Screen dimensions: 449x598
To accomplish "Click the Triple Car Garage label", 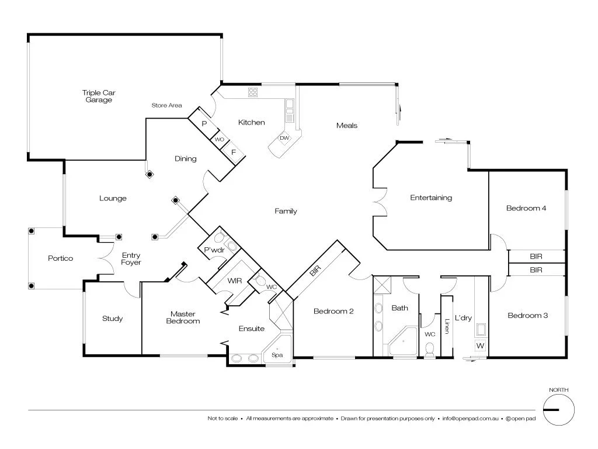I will point(97,96).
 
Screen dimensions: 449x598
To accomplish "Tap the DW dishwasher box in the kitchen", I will point(284,139).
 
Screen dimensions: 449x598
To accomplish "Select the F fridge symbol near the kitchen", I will point(233,152).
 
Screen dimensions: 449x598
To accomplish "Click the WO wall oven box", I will point(219,140).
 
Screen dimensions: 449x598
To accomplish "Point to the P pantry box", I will point(204,124).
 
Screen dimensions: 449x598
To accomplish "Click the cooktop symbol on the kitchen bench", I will point(253,92).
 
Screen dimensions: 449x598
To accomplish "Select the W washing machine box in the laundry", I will point(480,346).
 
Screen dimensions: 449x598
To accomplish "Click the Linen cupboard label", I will point(447,326).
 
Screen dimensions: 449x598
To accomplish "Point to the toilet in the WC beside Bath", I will point(430,349).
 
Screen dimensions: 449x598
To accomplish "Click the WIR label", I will point(235,281).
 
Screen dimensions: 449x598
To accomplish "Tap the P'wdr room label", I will point(210,251).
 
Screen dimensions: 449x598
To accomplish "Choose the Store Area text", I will point(166,106).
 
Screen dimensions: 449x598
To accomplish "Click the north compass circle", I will point(558,409).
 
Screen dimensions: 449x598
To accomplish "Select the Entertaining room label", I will point(431,198).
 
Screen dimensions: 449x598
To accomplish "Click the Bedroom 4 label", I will point(526,208).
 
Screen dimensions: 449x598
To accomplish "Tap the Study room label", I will point(112,319).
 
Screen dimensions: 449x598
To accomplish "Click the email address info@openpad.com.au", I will point(470,419).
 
